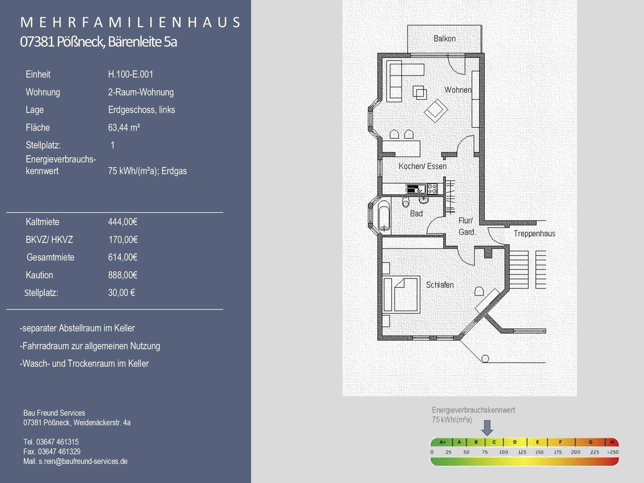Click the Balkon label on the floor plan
coord(445,38)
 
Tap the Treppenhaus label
coord(534,233)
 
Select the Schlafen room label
coord(440,285)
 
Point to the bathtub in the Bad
coord(384,215)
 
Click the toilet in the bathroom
coord(406,202)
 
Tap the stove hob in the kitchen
coord(432,189)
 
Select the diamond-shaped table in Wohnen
coord(436,110)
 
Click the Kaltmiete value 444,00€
coord(123,222)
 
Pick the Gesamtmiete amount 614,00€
coord(123,257)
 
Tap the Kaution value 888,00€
coord(123,275)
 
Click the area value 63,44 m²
coord(124,127)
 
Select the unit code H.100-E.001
coord(131,74)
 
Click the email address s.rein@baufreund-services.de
coord(83,461)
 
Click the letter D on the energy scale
coord(515,442)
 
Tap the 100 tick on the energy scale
coord(504,452)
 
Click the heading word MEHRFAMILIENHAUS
coord(131,22)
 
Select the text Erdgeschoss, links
coord(141,110)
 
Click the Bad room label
coord(416,213)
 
